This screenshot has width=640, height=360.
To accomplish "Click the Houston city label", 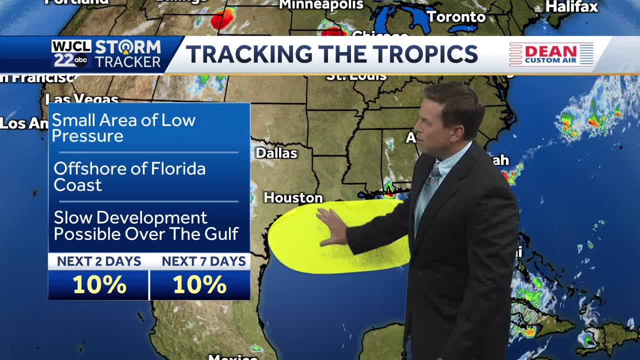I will click(293, 198).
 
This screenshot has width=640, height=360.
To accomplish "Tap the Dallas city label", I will click(276, 153).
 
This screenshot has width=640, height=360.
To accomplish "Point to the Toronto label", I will click(456, 17).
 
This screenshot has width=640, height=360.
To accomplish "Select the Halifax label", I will click(571, 6).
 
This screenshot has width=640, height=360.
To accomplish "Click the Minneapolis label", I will click(321, 5).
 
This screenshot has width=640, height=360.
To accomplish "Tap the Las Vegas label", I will click(81, 99).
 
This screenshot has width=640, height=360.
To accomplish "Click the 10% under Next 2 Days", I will click(99, 285).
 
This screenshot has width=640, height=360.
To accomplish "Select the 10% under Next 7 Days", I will click(199, 285).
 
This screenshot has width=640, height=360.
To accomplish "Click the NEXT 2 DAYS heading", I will click(99, 261).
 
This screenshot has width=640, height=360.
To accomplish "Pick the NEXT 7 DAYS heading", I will click(203, 261).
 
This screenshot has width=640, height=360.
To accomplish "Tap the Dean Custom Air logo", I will click(551, 54).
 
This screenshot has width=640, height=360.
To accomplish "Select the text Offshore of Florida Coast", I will click(129, 176).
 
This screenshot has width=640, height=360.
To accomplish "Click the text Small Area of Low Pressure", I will click(123, 128).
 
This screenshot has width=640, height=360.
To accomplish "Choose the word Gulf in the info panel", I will click(221, 234).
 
